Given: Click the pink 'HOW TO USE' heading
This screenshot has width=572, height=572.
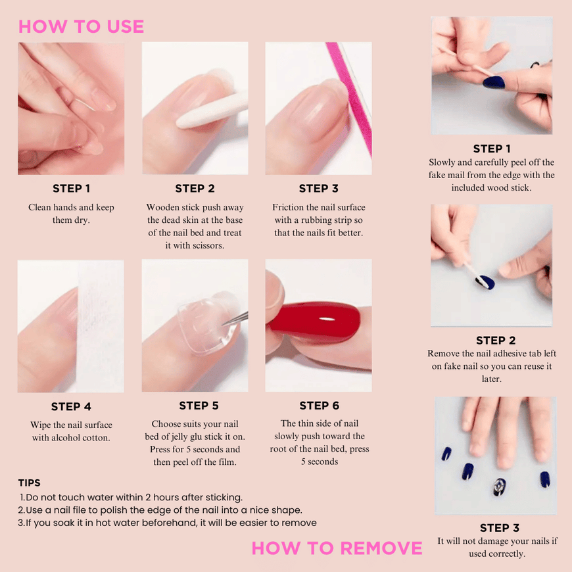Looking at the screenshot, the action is (x=81, y=27).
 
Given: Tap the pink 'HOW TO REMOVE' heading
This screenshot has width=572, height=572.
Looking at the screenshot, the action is (x=337, y=548).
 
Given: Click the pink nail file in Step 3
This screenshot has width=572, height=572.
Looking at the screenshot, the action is (x=349, y=98).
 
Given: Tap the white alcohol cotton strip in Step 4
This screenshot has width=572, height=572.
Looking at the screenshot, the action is (x=100, y=326).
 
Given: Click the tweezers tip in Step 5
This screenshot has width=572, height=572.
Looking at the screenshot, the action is (x=224, y=324).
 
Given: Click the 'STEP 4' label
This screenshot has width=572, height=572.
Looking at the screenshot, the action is (x=71, y=406).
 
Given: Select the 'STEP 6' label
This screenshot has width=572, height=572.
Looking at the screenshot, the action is (x=319, y=405).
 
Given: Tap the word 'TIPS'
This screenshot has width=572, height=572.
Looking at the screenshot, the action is (x=29, y=483).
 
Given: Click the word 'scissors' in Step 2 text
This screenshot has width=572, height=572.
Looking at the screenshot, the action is (x=207, y=245).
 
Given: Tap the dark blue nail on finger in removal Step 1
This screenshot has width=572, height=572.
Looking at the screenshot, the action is (x=494, y=83).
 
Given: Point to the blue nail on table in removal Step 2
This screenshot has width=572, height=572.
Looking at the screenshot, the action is (x=486, y=282).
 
